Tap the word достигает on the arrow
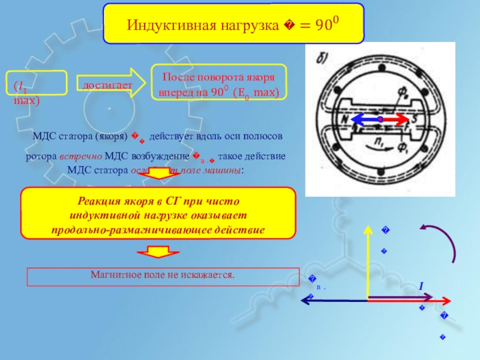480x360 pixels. point(107,86)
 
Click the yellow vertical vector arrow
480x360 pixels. point(367,264)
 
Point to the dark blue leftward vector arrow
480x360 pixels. point(336,302)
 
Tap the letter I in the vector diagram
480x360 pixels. point(421,289)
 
